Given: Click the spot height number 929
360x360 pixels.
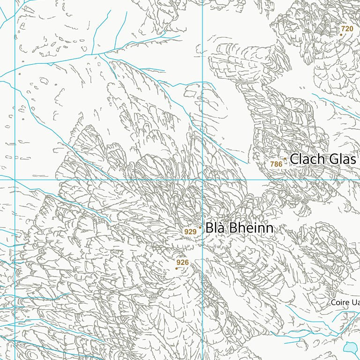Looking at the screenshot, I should click(190, 232).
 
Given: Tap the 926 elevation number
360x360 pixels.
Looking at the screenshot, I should click(182, 262).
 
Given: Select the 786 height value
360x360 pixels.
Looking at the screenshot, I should click(276, 164).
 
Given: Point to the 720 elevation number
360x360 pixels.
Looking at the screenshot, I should click(347, 29).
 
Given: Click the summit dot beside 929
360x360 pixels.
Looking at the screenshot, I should click(200, 227).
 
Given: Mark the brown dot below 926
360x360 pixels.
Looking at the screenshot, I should click(176, 269).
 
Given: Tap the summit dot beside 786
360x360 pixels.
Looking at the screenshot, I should click(285, 159).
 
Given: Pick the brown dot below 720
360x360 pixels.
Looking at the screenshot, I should click(341, 35).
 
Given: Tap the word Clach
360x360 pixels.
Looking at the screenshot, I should click(307, 159).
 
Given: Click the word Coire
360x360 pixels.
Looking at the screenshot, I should click(340, 303).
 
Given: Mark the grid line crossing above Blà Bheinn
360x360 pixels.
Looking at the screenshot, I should click(202, 180).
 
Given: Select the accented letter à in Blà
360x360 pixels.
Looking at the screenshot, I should click(220, 228).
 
